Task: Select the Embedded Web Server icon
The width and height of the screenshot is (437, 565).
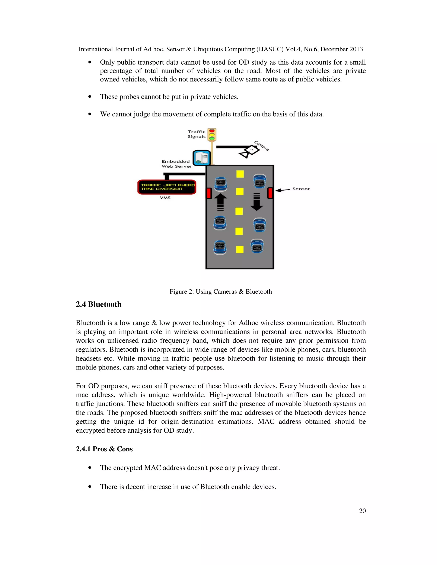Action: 202,158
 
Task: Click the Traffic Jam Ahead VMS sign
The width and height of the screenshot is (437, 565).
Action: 167,187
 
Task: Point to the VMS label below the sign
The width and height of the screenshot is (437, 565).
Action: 165,198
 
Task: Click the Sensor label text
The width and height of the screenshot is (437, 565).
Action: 301,189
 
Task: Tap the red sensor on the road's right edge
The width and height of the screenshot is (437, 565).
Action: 270,193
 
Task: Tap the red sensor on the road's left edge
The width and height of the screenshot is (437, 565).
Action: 209,193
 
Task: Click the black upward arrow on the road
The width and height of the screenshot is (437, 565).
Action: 221,202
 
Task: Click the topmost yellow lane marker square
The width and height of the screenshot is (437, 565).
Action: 240,174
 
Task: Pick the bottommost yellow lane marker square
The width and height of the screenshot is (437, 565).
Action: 240,249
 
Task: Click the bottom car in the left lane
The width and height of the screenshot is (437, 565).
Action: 220,248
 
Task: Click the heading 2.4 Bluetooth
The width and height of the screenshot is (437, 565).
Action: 99,304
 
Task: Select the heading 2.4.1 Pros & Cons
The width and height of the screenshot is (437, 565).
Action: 104,449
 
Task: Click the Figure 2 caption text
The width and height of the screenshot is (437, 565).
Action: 221,291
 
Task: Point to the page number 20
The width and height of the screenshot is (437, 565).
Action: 362,511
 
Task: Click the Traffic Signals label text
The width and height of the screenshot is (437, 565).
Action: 197,134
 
